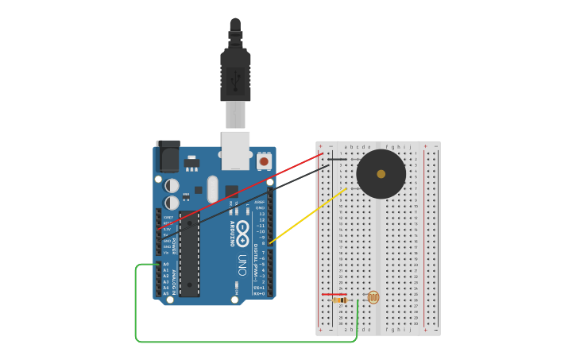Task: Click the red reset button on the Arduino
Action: [x=264, y=161]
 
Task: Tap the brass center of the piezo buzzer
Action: [x=381, y=174]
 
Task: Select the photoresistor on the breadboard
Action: [x=373, y=297]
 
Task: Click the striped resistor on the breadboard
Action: [x=340, y=300]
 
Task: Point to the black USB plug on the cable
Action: [x=235, y=76]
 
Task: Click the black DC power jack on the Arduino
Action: [x=168, y=157]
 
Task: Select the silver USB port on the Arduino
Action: [x=235, y=150]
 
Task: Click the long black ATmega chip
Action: [x=190, y=255]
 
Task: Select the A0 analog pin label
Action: [x=166, y=264]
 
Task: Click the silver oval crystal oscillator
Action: [x=212, y=189]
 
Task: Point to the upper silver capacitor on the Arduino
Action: [x=172, y=186]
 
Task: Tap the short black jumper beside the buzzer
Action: [x=338, y=159]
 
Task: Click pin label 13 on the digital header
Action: [x=261, y=214]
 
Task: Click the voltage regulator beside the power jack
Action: [x=191, y=165]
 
